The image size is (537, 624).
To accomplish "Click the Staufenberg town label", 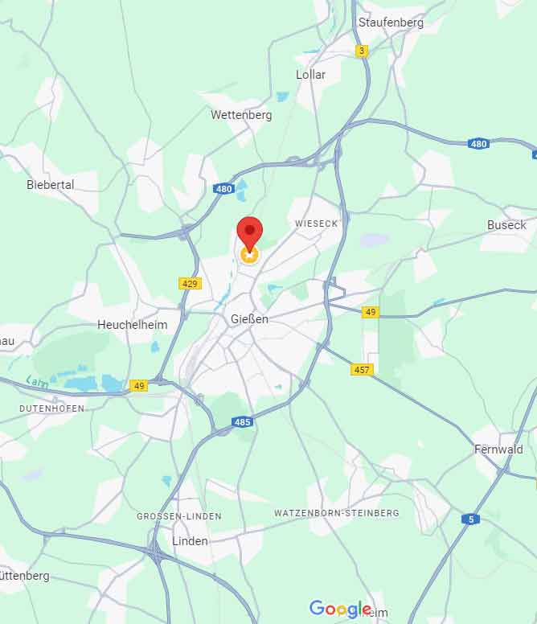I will point(391,23).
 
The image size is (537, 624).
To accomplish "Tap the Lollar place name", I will point(311,75).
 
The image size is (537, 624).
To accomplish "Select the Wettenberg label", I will point(241,115).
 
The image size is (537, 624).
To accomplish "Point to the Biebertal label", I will point(51,185).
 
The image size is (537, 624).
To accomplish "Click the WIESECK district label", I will point(317,224).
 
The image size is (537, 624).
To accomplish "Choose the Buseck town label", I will point(506,225).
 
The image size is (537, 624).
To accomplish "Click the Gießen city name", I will point(249,319).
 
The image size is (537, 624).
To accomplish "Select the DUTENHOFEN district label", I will point(51,408).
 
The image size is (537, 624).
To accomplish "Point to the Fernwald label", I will point(498,450).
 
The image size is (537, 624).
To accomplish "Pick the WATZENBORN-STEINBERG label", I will point(336,513).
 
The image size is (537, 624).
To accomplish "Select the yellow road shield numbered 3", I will point(363,51).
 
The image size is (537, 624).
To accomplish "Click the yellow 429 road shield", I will point(190,284).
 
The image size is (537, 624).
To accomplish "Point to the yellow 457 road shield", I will point(363,369).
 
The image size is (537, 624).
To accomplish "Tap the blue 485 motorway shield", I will point(243,421).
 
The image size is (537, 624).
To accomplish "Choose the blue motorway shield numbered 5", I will point(470,519).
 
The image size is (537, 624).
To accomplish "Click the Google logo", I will point(340,609).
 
